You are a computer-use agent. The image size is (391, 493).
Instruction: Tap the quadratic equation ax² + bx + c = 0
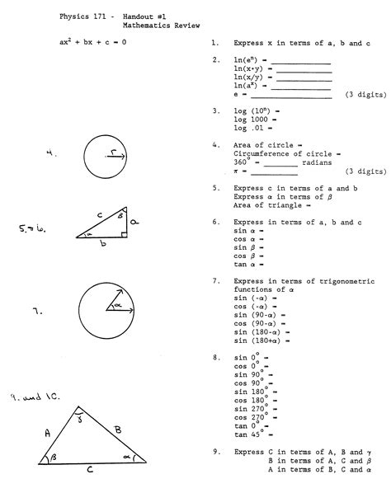point(92,42)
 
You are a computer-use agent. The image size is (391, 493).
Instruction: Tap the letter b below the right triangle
point(102,246)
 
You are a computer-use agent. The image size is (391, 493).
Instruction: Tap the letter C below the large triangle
point(89,472)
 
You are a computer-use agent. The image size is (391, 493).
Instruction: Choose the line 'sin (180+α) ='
point(263,340)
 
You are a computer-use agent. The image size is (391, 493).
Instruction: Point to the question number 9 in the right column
point(214,452)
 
